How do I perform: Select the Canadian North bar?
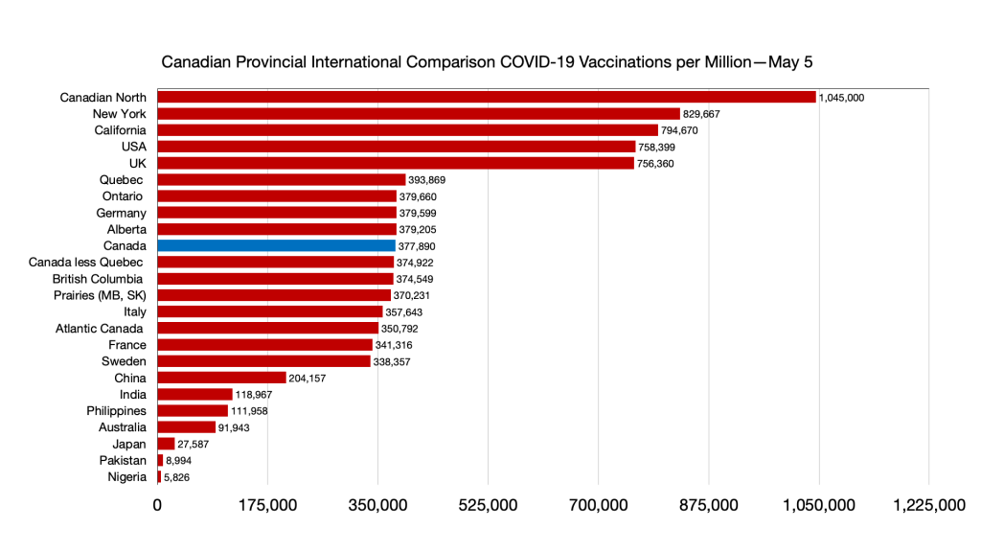[486, 97]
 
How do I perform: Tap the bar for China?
[221, 378]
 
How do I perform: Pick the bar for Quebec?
[281, 179]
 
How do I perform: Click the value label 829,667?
[701, 114]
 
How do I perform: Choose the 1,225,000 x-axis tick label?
[929, 506]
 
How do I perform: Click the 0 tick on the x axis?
[157, 506]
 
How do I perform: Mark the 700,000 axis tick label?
[599, 506]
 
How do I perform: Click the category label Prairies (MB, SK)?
[100, 295]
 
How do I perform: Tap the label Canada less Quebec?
[86, 262]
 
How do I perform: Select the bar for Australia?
[186, 427]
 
